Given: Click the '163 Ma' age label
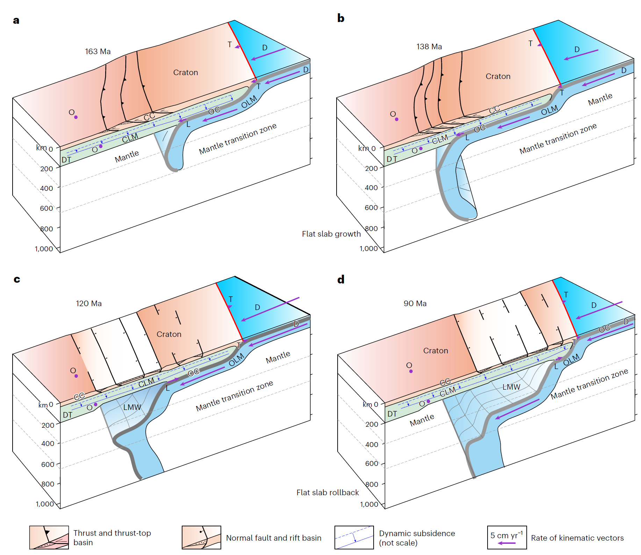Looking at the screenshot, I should pyautogui.click(x=98, y=52).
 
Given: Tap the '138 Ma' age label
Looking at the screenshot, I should pyautogui.click(x=429, y=47).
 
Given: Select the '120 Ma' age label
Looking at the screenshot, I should pyautogui.click(x=89, y=303).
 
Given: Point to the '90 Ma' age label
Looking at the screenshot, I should pyautogui.click(x=415, y=303).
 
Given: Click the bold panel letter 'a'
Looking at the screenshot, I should pyautogui.click(x=16, y=21).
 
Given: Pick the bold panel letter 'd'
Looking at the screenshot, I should pyautogui.click(x=341, y=279).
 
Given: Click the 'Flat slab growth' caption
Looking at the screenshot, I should pyautogui.click(x=331, y=234).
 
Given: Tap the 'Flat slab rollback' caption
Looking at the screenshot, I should pyautogui.click(x=327, y=492).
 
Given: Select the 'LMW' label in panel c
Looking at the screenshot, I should pyautogui.click(x=132, y=407).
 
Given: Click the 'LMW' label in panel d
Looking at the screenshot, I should pyautogui.click(x=511, y=387).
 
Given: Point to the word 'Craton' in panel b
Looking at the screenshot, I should pyautogui.click(x=498, y=76).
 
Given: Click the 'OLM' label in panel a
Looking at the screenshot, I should pyautogui.click(x=249, y=102).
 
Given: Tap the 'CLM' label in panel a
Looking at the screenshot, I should pyautogui.click(x=130, y=138).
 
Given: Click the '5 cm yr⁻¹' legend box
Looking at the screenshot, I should pyautogui.click(x=507, y=538).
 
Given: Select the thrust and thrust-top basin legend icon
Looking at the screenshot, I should pyautogui.click(x=49, y=538).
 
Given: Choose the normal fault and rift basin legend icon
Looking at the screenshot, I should pyautogui.click(x=201, y=538).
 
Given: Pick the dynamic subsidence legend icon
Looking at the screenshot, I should pyautogui.click(x=354, y=538).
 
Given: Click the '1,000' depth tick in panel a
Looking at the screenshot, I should pyautogui.click(x=44, y=249).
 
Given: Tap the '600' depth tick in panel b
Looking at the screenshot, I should pyautogui.click(x=371, y=208).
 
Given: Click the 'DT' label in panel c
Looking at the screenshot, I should pyautogui.click(x=67, y=415).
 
